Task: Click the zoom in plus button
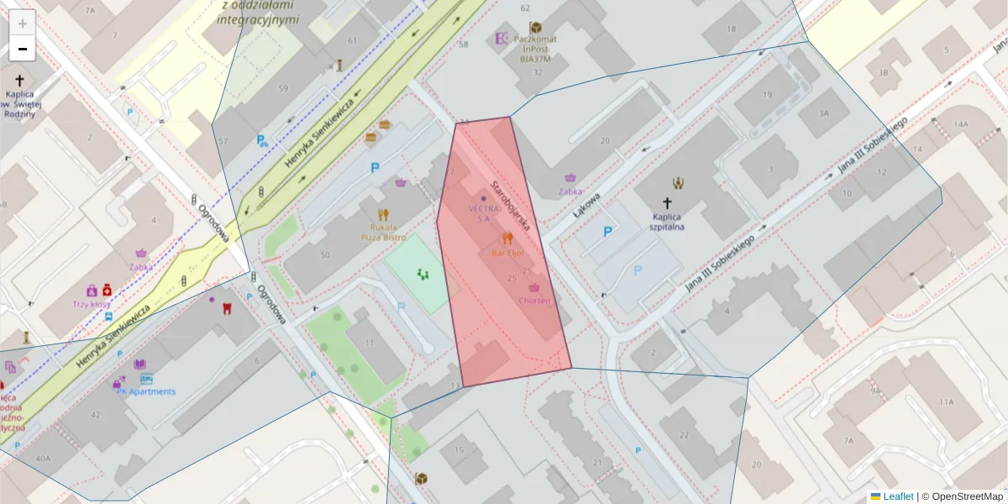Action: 22,23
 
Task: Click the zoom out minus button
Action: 22,48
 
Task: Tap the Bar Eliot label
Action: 507,252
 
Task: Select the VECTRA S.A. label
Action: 484,213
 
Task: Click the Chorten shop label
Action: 534,300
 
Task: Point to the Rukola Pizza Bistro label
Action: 383,232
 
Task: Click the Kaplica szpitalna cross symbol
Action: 668,202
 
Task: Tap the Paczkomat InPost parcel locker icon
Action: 535,27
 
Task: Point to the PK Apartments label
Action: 146,391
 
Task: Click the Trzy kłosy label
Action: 92,304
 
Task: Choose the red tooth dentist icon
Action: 225,307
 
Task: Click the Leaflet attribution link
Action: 898,496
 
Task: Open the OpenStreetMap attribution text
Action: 967,496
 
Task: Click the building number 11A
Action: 947,402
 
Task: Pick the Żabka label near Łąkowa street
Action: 571,191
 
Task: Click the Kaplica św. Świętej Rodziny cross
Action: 19,81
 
